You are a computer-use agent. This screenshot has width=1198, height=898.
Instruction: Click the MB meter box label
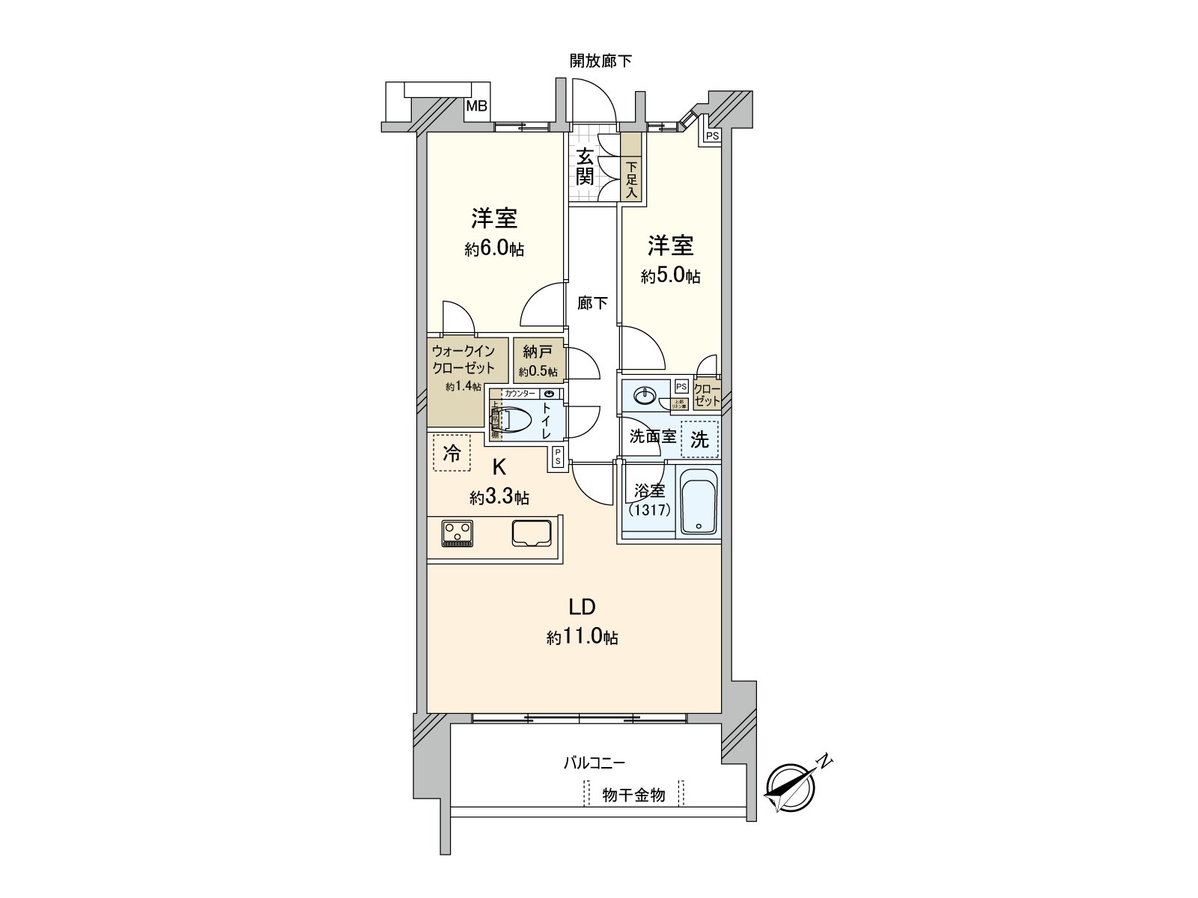point(477,107)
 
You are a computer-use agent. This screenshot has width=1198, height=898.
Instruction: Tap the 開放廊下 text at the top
point(600,61)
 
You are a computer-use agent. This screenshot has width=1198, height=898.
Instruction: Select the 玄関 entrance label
point(586,167)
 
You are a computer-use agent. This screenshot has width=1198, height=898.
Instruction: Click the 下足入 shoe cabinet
point(631,180)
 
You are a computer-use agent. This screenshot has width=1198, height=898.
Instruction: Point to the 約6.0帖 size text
point(493,249)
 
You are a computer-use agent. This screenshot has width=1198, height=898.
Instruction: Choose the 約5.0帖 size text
point(670,276)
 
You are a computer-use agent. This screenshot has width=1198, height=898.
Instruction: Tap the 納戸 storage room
point(538,360)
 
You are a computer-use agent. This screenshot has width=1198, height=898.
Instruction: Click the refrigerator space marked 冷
point(452,453)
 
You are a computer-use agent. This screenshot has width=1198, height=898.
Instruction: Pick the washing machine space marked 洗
point(699,440)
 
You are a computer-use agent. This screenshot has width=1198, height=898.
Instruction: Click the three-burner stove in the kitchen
point(457,534)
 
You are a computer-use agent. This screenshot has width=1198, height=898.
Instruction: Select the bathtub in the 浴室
point(699,501)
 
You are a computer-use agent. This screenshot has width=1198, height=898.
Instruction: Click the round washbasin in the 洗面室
point(644,394)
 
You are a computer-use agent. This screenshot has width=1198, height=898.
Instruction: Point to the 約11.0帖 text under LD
point(582,638)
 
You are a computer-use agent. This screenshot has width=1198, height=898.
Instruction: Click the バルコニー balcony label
point(594,763)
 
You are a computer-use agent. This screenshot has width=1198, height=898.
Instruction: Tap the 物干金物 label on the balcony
point(633,795)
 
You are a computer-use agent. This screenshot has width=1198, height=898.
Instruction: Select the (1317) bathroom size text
point(650,510)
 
